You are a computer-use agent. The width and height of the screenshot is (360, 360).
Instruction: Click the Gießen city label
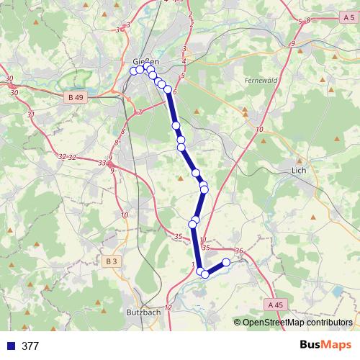click(x=146, y=62)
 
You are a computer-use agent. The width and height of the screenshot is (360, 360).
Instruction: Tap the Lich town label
click(x=299, y=171)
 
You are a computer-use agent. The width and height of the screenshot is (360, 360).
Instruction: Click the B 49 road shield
click(x=75, y=96)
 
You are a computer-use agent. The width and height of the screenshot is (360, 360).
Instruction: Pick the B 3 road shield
click(x=109, y=261)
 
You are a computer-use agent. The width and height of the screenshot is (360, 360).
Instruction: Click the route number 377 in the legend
click(x=31, y=346)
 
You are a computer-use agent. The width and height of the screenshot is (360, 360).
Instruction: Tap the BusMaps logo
click(x=325, y=346)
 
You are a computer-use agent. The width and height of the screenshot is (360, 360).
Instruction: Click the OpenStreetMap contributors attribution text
click(x=297, y=322)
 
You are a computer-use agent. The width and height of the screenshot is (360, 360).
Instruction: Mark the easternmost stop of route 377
click(x=226, y=263)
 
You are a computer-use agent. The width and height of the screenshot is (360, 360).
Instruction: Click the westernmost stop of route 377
click(x=133, y=71)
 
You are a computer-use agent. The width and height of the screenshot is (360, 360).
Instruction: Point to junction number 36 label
click(x=239, y=251)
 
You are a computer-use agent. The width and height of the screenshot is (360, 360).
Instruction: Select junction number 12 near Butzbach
click(x=168, y=308)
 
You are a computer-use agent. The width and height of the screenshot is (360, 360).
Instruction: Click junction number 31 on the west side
click(x=30, y=114)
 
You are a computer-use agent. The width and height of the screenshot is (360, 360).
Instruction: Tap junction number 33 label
click(x=101, y=163)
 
